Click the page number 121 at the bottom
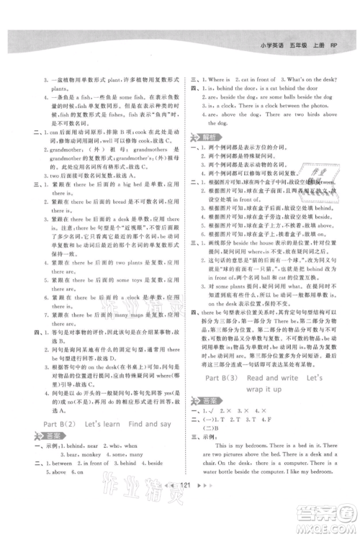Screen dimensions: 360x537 [x=181, y=506]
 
